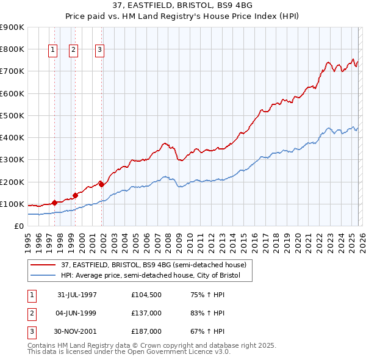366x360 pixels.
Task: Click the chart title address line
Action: [x=182, y=6]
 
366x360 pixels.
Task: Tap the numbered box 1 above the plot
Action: [x=52, y=51]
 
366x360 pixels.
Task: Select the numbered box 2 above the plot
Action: [x=73, y=51]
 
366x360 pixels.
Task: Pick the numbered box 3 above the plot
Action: [x=100, y=51]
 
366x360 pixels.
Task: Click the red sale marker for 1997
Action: [x=54, y=202]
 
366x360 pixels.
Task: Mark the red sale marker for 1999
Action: [x=75, y=195]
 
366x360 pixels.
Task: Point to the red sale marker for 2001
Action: [x=102, y=184]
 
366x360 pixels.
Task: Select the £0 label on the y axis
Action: [x=18, y=226]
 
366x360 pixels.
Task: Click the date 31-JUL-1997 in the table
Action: [x=77, y=295]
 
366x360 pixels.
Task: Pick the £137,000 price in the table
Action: [x=146, y=313]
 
